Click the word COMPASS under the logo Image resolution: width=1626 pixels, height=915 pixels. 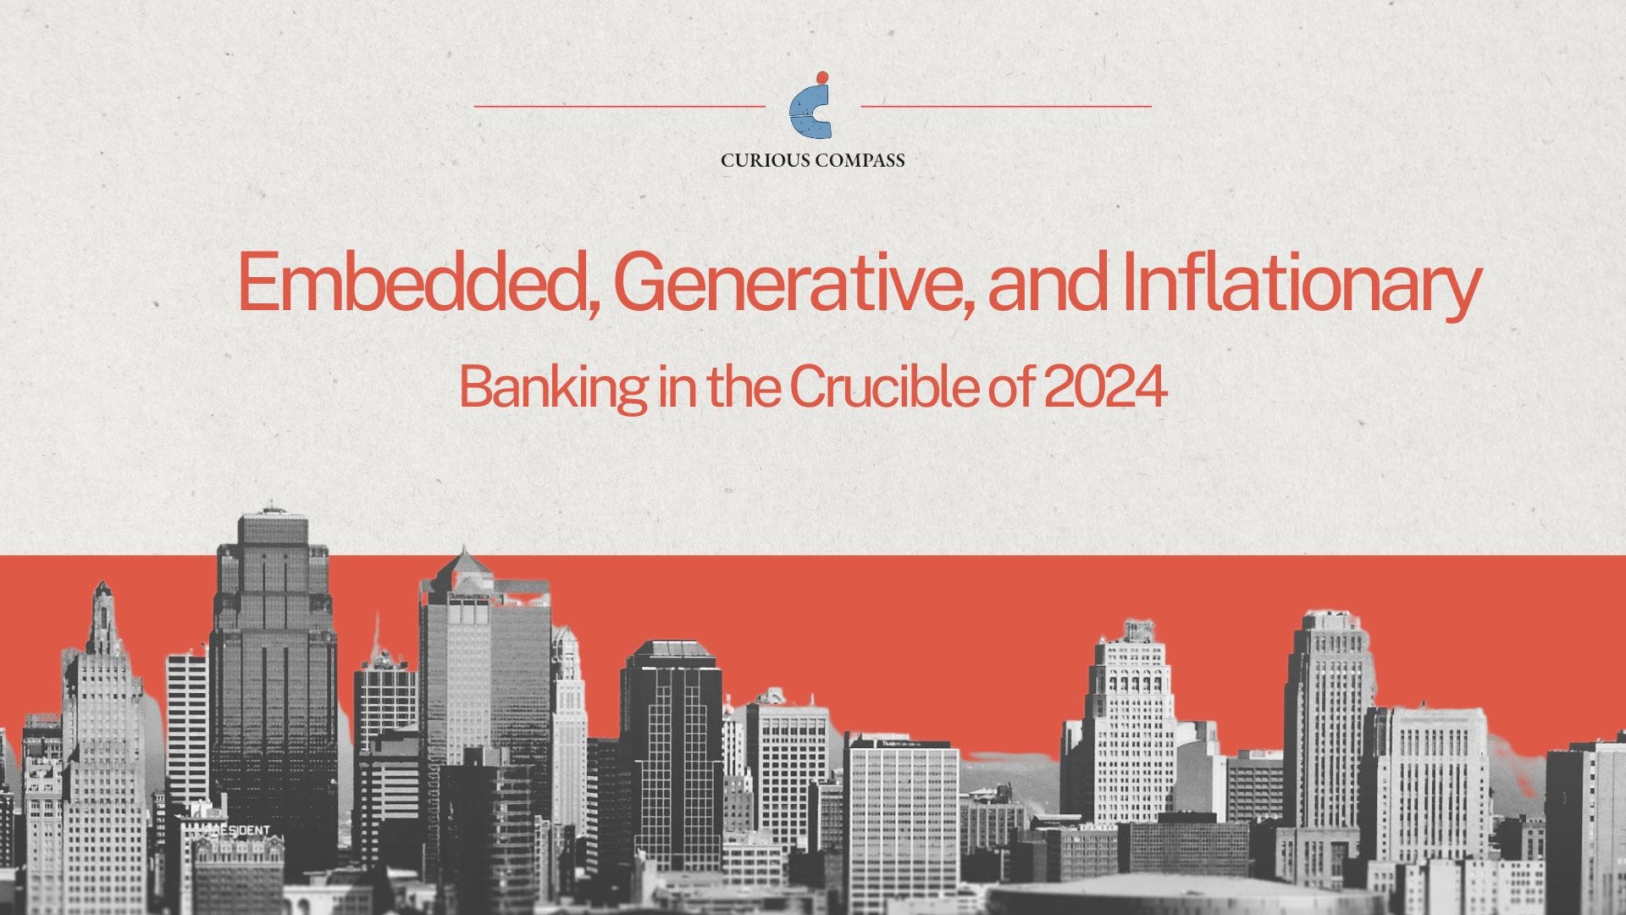pyautogui.click(x=859, y=160)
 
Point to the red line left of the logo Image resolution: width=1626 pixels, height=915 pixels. pyautogui.click(x=619, y=107)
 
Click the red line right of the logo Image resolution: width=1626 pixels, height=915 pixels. pyautogui.click(x=1005, y=107)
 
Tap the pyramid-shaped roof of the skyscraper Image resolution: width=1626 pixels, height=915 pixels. pyautogui.click(x=464, y=563)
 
